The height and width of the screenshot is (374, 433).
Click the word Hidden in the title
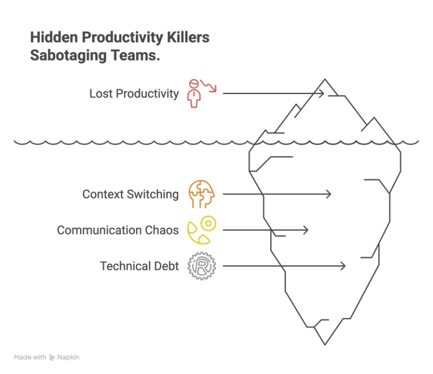click(x=54, y=37)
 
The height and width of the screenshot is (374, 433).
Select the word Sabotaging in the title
click(x=68, y=56)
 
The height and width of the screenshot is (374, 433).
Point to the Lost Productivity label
click(x=134, y=93)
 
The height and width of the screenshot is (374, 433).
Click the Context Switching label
click(x=130, y=194)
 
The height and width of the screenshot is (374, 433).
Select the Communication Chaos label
click(x=118, y=230)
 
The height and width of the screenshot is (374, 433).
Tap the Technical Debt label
click(x=139, y=266)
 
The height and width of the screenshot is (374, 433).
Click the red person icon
click(x=194, y=93)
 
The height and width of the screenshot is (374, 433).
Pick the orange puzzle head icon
click(x=202, y=194)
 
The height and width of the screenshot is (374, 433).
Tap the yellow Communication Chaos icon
click(x=202, y=230)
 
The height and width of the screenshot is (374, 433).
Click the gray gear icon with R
click(x=202, y=266)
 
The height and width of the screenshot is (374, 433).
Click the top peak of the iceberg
click(x=325, y=79)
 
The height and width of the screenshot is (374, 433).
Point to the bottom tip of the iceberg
click(x=325, y=345)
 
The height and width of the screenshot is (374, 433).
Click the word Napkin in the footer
click(x=68, y=357)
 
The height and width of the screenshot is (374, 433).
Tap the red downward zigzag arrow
click(x=209, y=86)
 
